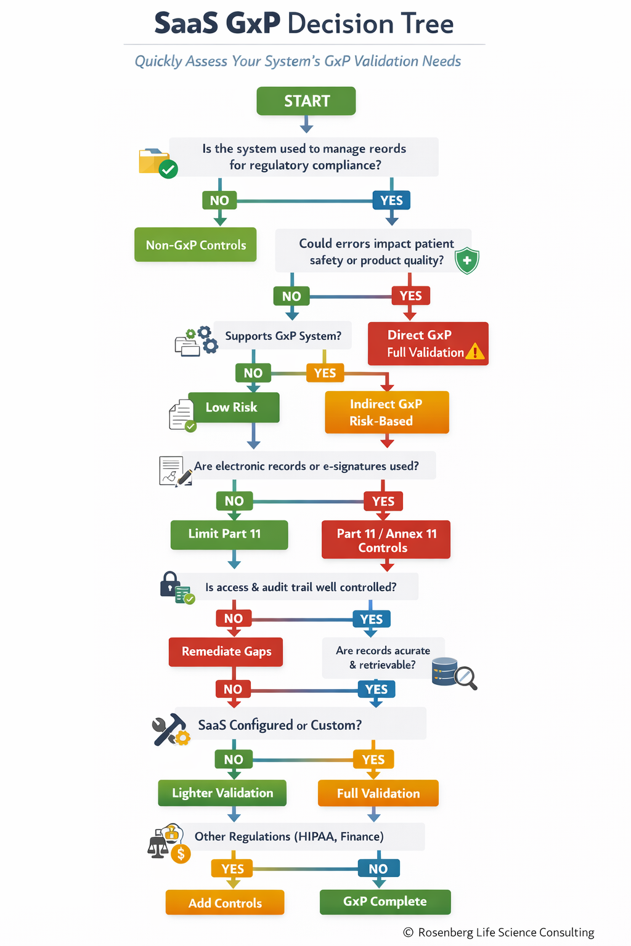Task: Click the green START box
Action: (x=306, y=101)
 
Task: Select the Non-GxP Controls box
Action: (x=195, y=245)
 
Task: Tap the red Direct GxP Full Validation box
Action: (x=428, y=344)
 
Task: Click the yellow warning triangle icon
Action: (x=475, y=352)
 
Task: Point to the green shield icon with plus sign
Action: (x=467, y=261)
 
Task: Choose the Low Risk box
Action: (x=233, y=407)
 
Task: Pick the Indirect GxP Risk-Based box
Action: (x=386, y=412)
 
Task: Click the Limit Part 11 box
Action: (x=229, y=534)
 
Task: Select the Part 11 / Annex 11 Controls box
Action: (x=386, y=540)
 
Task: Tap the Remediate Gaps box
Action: (x=226, y=652)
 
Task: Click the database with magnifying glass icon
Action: (x=454, y=673)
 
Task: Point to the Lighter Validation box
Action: (x=222, y=793)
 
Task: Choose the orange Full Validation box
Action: (x=378, y=793)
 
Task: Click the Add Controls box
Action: (x=225, y=903)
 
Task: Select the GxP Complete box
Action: (x=385, y=902)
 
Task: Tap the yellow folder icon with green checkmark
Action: (x=157, y=163)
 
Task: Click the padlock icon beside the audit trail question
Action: (x=171, y=584)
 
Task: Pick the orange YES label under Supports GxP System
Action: (x=325, y=373)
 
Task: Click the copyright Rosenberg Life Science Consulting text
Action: (x=499, y=932)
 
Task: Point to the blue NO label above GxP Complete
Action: (x=378, y=868)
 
